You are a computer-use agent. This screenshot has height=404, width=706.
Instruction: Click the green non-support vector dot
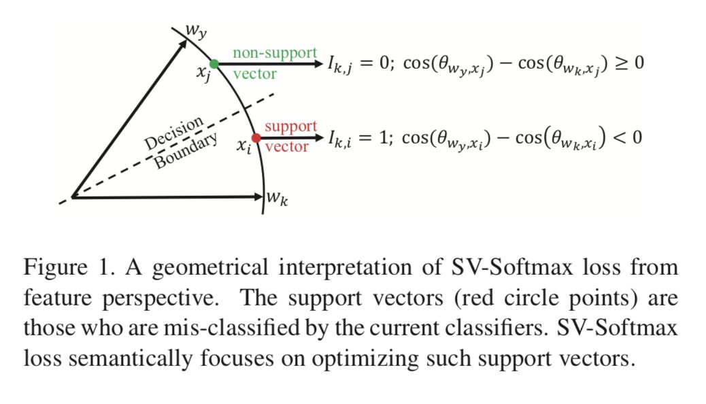[x=214, y=64]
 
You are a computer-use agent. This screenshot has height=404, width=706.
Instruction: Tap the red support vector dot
[x=256, y=137]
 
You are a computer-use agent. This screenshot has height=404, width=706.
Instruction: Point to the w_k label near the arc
[x=277, y=202]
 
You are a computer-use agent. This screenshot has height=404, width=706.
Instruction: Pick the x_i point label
[x=244, y=147]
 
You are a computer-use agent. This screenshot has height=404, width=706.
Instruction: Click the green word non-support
[x=274, y=52]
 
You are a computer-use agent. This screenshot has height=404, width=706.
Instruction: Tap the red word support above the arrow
[x=291, y=127]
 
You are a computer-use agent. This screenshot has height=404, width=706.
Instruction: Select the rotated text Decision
[x=173, y=133]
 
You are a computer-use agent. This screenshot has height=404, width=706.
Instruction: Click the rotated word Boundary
[x=186, y=151]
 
